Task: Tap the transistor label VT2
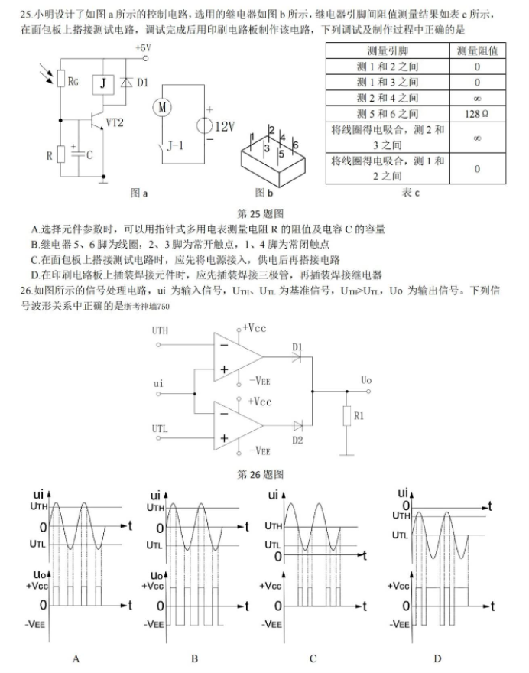click(x=115, y=122)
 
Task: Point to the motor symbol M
click(x=162, y=107)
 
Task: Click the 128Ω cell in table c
click(x=476, y=112)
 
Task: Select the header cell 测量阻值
click(x=476, y=50)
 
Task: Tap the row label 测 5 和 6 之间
click(x=388, y=112)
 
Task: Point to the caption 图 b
click(x=264, y=194)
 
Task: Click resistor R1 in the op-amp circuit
click(x=347, y=415)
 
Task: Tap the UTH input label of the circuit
click(x=160, y=331)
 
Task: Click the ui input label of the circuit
click(x=158, y=382)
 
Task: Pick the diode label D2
click(x=297, y=441)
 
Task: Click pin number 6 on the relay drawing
click(x=295, y=145)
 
